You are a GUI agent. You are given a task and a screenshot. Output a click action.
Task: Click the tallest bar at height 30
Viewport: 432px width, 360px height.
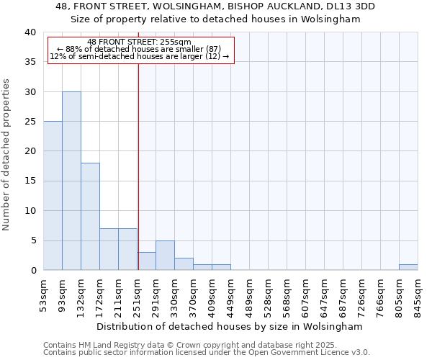click(x=71, y=181)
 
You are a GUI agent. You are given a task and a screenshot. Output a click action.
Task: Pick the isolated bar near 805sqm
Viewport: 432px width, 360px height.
click(x=408, y=267)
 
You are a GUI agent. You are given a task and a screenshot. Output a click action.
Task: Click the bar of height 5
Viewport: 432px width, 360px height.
click(x=165, y=255)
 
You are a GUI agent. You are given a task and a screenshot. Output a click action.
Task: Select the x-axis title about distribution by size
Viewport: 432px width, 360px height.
click(x=230, y=326)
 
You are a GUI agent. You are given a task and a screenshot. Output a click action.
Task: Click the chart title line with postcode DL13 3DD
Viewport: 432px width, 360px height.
click(x=215, y=6)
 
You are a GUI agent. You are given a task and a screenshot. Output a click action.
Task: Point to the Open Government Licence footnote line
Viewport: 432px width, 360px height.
click(x=207, y=353)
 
